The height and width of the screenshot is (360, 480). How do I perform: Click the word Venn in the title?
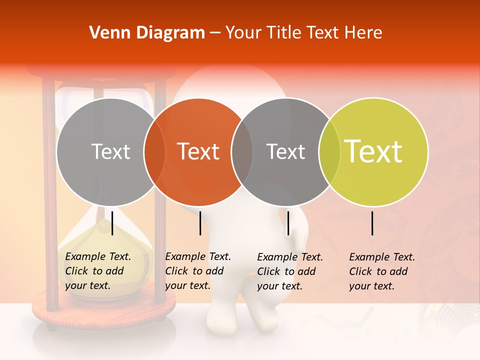click(107, 33)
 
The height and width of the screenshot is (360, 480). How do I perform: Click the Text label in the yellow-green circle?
click(373, 151)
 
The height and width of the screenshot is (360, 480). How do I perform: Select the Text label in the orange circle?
click(198, 151)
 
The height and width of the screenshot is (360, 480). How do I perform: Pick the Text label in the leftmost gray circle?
click(110, 151)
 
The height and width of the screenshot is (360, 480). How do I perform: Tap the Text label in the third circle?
click(285, 151)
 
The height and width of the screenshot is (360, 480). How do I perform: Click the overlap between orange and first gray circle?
click(154, 151)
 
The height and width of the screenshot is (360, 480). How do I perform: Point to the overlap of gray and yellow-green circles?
click(329, 151)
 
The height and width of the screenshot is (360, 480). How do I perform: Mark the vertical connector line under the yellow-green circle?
click(372, 223)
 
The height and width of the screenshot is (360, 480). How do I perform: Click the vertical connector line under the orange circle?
click(200, 223)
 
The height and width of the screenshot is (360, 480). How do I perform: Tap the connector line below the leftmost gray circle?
click(112, 223)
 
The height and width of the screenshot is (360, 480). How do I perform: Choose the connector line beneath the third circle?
click(288, 223)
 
